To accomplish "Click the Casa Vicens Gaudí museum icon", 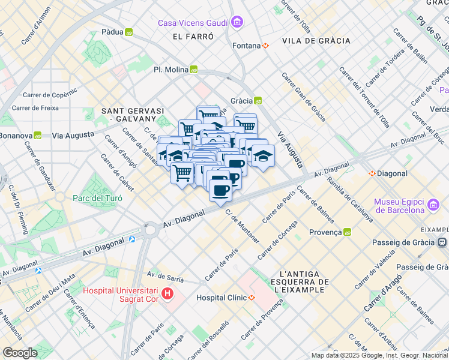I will [x=238, y=23].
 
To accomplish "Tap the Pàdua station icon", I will [x=128, y=32].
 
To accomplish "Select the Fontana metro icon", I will [x=265, y=46].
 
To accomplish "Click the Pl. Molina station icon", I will [x=194, y=70].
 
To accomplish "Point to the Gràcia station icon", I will [x=258, y=101].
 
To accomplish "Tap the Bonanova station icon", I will [x=37, y=136].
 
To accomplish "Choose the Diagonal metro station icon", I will [x=372, y=173].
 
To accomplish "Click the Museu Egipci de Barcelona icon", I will [x=433, y=206].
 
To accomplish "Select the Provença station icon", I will [x=347, y=232].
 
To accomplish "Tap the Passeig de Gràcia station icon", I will [x=442, y=242].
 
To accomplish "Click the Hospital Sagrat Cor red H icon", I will [x=167, y=295].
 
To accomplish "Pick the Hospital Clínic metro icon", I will [x=252, y=298].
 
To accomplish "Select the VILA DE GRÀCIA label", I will [x=315, y=41].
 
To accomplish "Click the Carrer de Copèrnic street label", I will [x=50, y=94].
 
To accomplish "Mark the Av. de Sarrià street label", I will [x=165, y=277].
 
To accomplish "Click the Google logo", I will [x=20, y=353].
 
